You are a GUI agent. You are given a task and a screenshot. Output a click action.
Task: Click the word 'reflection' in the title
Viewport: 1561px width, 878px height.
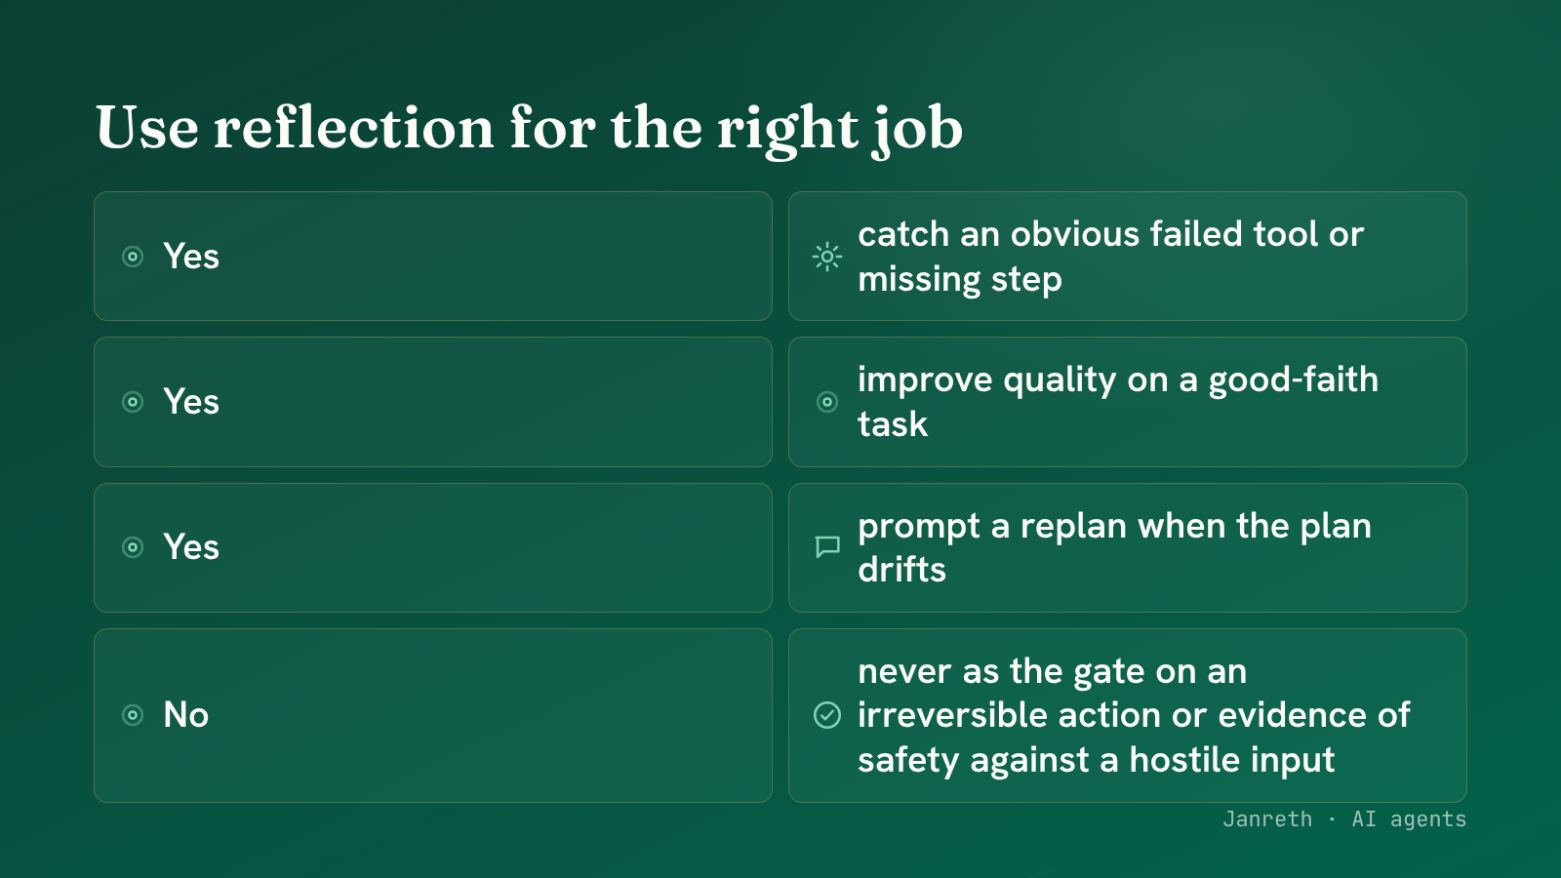coord(354,128)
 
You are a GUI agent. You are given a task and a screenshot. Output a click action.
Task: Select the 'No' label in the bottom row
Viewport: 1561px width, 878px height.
coord(186,715)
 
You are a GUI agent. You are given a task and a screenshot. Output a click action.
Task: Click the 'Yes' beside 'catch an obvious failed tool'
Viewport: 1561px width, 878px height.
coord(191,257)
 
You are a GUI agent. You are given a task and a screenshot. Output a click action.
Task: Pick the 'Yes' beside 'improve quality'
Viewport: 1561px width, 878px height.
coord(191,402)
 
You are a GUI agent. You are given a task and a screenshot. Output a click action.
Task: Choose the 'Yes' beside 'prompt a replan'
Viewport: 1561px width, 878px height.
coord(191,547)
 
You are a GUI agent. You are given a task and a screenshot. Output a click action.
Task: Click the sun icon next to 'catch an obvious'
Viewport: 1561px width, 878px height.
coord(827,257)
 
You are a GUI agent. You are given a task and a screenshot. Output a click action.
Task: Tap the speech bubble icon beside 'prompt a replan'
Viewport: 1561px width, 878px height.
coord(827,546)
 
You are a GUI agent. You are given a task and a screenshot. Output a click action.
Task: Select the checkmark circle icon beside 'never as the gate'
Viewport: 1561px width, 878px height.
coord(827,715)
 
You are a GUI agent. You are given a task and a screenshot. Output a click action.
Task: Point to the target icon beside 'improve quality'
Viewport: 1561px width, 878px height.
coord(827,402)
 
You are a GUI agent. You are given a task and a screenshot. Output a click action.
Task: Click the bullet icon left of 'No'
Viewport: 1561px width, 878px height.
coord(133,715)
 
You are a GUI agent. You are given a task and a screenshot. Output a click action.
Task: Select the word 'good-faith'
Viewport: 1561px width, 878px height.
coord(1293,380)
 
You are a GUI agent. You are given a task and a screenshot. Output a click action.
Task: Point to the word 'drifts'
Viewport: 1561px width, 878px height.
coord(901,570)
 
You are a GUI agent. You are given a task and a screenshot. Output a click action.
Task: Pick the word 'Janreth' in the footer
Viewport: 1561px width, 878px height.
coord(1267,819)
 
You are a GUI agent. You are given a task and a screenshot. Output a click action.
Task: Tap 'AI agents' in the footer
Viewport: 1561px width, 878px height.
coord(1409,820)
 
